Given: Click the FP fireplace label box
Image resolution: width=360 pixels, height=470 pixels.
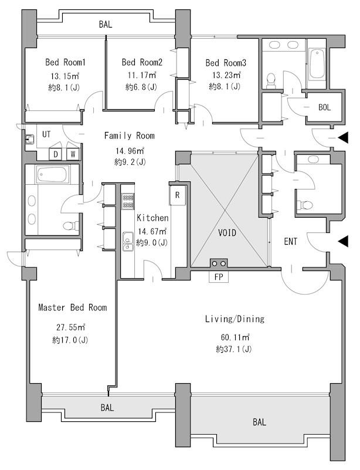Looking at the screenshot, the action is point(219,277).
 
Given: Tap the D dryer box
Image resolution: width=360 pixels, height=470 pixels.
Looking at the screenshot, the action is point(56,154).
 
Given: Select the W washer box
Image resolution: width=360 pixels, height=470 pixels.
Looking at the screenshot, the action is point(73,154).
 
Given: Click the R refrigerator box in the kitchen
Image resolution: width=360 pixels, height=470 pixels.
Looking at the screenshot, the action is point(177,195).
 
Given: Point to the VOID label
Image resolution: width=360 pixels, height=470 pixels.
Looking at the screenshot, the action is point(227,232).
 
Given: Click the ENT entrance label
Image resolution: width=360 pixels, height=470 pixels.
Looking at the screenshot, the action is point(290,242).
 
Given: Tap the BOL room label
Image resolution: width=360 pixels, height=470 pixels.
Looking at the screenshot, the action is point(324,107).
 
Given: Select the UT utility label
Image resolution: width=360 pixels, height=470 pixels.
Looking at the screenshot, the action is point(46,134).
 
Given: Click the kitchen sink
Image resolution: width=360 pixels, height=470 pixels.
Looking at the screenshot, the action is point(128,241).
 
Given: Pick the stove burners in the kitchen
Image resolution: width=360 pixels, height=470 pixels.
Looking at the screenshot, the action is point(128,201).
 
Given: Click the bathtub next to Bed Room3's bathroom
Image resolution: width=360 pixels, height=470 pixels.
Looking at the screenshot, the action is point(317,64).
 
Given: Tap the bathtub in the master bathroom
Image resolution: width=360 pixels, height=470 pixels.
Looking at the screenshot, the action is point(52,174).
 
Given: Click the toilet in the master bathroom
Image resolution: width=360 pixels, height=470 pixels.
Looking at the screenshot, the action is point(71,225).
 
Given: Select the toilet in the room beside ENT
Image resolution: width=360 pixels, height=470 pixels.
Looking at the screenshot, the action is point(304,205).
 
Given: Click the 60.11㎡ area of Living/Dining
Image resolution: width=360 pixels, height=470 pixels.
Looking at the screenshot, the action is point(235,337).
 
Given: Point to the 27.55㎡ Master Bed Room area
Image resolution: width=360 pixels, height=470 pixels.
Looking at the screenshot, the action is point(71,327).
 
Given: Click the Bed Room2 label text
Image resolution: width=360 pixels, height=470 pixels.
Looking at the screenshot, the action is point(142,62).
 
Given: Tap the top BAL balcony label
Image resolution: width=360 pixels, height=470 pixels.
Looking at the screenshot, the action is point(106,24).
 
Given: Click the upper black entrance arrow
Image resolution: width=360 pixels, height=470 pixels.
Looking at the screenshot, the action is point(343,137).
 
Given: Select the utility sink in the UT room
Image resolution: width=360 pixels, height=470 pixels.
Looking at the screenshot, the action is point(30,139).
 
